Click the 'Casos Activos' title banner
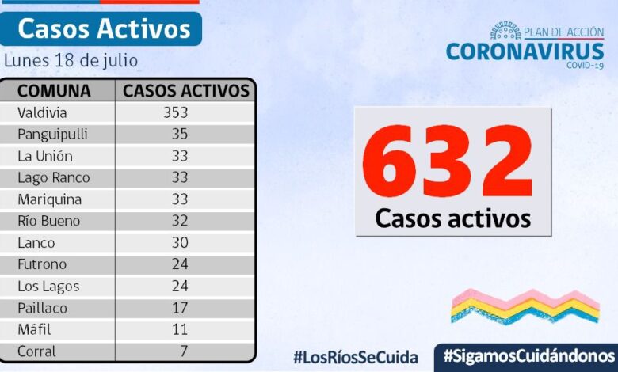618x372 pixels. [x=104, y=28]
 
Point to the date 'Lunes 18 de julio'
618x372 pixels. [x=71, y=60]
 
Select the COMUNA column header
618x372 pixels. [x=54, y=90]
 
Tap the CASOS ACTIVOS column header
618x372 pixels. [x=186, y=90]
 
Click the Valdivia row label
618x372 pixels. [x=42, y=112]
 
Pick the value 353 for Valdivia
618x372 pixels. [x=175, y=112]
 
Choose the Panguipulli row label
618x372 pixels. [x=52, y=134]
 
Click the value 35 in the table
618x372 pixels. [x=180, y=134]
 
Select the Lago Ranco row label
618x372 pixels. [x=53, y=177]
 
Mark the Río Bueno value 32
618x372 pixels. [x=180, y=221]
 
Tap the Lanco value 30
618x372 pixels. [x=180, y=243]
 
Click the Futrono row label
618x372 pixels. [x=42, y=264]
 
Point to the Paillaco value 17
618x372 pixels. [x=180, y=308]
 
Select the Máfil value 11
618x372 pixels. [x=180, y=329]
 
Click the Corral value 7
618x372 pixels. [x=183, y=351]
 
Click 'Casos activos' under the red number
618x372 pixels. [x=452, y=218]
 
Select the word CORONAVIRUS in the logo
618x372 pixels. [x=525, y=51]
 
